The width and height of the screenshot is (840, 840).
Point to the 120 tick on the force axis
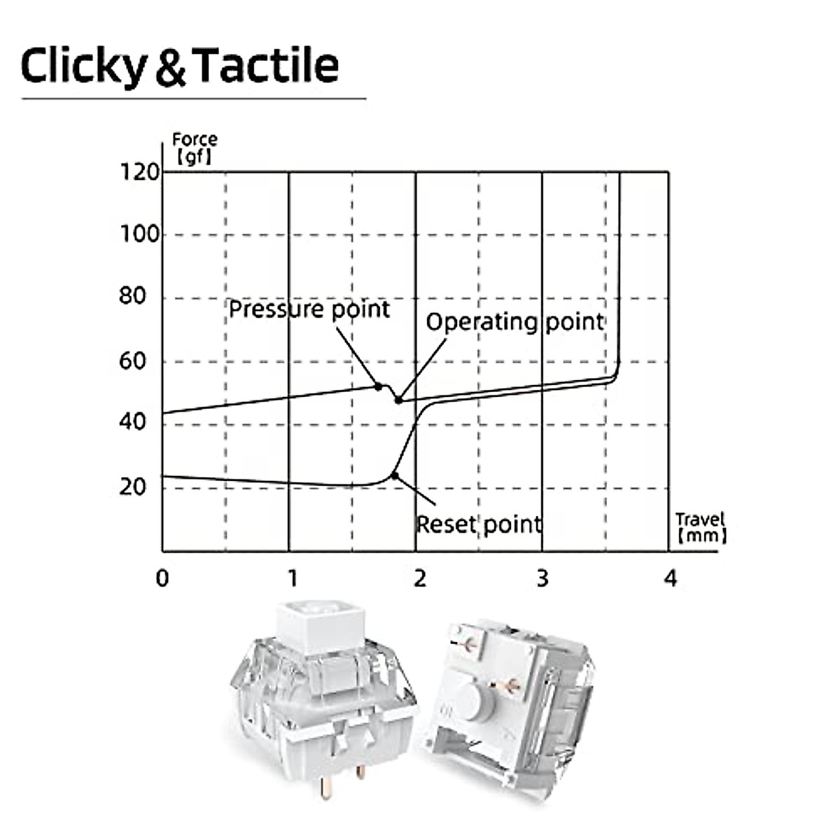coord(139,173)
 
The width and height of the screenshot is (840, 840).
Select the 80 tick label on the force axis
coord(132,296)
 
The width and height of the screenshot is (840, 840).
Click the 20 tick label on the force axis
coord(132,487)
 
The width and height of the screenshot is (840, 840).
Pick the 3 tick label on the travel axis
coord(542,579)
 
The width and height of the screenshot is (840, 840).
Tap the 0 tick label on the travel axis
coord(162,579)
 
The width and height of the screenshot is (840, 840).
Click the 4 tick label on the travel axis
coord(671,579)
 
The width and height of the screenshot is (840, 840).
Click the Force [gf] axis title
coord(195,148)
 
